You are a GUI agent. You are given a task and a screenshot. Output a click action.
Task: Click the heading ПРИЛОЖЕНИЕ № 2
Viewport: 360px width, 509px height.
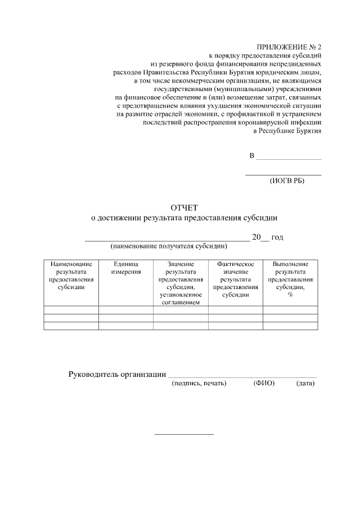coord(289,47)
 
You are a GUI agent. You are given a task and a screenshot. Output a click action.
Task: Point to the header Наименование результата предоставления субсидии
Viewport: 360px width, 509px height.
coord(71,275)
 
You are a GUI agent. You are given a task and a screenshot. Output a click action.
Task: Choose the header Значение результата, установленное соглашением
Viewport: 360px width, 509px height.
coord(181,283)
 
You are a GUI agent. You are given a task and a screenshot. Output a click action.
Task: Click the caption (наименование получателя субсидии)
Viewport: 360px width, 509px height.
coord(169,246)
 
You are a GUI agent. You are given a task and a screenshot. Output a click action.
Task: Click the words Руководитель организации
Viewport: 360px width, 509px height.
coord(117,374)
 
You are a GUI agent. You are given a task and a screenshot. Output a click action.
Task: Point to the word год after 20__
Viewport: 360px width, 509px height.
coord(277,237)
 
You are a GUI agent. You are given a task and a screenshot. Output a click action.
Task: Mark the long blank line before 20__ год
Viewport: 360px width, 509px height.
coord(167,240)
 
